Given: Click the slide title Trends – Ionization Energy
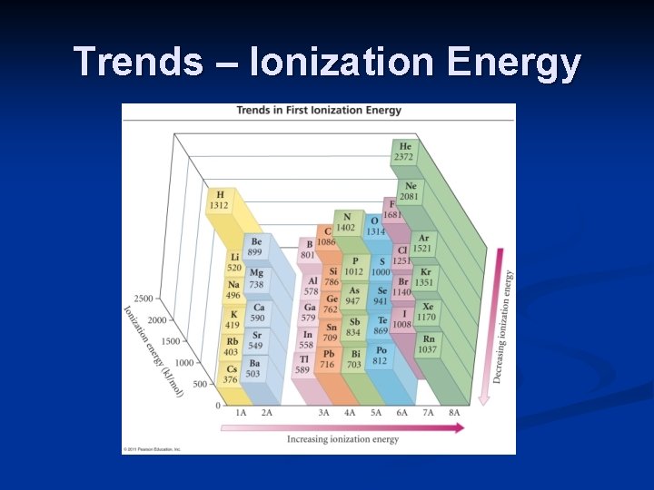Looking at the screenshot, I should (327, 62).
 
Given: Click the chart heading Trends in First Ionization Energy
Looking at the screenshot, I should (319, 111).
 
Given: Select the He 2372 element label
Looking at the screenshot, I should (404, 152).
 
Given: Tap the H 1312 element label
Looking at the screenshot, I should (219, 200).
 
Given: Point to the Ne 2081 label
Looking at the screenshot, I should (411, 191).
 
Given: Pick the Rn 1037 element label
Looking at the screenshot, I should (428, 344).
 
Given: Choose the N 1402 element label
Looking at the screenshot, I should (345, 222).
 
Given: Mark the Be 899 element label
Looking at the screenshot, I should (256, 248).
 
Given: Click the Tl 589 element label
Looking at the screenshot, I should (302, 364).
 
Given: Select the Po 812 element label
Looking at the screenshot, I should (381, 356).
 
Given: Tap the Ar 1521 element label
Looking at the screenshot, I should (422, 243).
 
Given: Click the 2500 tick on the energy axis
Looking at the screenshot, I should (143, 299).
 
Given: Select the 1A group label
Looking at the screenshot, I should (241, 412).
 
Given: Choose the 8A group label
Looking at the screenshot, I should (454, 412).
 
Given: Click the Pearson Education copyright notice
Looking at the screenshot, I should (152, 449).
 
